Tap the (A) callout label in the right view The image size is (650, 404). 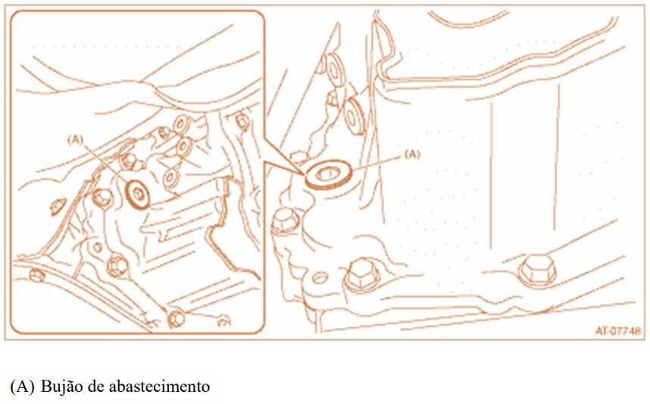412,155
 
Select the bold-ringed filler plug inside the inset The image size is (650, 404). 138,194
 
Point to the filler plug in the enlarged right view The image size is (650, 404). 328,175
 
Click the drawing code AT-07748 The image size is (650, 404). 618,331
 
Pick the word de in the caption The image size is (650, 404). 95,386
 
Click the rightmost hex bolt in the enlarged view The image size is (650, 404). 537,271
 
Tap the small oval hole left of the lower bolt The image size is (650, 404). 320,277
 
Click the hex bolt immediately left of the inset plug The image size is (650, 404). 102,198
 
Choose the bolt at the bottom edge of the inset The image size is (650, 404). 176,318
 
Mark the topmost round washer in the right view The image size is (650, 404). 334,67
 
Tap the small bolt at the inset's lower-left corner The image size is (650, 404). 36,274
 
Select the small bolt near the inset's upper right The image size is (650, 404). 242,121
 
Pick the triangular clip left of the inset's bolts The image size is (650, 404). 58,207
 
